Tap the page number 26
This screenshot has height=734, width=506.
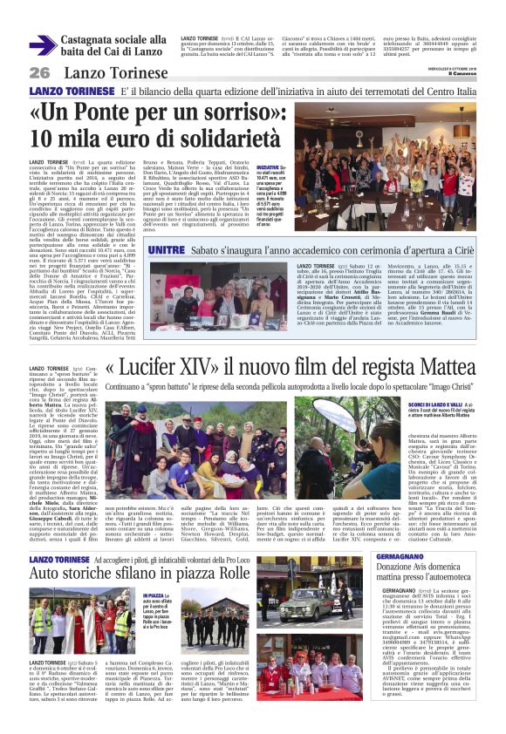[38, 72]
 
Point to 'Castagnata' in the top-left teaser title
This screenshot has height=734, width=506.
[94, 40]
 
